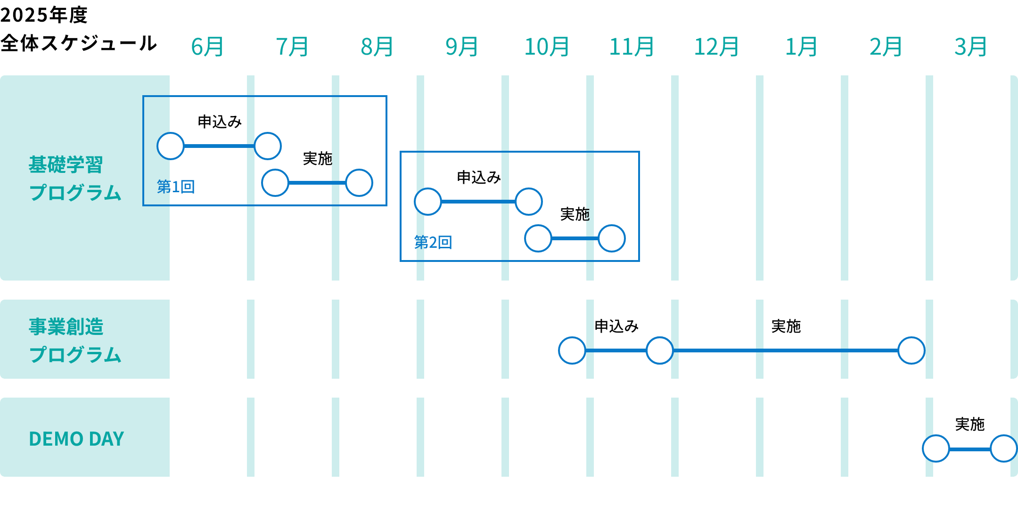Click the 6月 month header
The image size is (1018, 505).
[x=208, y=47]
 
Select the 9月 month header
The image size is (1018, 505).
[x=462, y=47]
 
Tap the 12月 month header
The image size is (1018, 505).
[x=717, y=47]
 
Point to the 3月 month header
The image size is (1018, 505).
[x=971, y=47]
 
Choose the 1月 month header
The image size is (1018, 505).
[x=802, y=47]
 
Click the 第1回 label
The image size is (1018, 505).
[x=176, y=187]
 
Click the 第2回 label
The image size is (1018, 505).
[x=433, y=243]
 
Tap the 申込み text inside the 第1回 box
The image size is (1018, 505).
[x=220, y=122]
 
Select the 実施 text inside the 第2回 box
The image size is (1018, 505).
[x=575, y=214]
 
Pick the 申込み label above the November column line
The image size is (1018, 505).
[x=616, y=326]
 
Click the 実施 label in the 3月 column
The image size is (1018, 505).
[x=970, y=424]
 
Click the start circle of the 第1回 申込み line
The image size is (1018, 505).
[x=171, y=146]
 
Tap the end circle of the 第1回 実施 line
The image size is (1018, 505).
[x=359, y=183]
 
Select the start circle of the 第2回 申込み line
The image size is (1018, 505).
[x=428, y=202]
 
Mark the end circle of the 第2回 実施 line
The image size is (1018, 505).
[x=612, y=238]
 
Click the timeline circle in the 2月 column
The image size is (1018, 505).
[x=911, y=350]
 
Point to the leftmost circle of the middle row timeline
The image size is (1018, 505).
[x=572, y=350]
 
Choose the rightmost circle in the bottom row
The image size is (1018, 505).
[x=1004, y=448]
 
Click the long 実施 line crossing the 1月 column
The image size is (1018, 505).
[x=801, y=350]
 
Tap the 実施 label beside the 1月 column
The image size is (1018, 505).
[x=786, y=326]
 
